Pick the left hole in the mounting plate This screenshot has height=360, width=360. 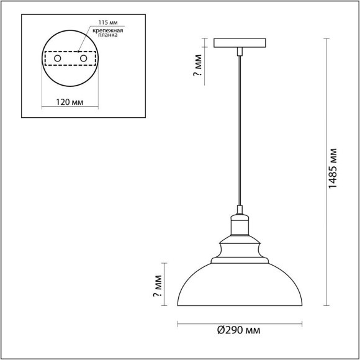[x=58, y=58]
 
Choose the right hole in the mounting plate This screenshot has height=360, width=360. [x=82, y=58]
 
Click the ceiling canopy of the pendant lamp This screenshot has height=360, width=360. [x=239, y=43]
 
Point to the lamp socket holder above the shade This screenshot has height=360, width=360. [x=239, y=223]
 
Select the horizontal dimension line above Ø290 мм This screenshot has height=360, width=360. [x=239, y=323]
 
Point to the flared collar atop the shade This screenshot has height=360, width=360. [x=239, y=248]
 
